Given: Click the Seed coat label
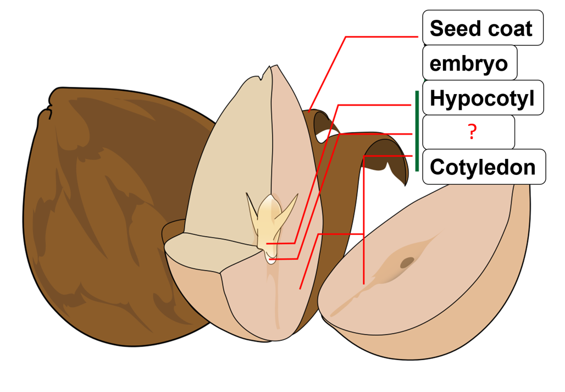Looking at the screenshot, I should pyautogui.click(x=482, y=28).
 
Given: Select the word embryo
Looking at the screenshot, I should pyautogui.click(x=469, y=63).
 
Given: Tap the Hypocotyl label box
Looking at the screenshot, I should pyautogui.click(x=482, y=98).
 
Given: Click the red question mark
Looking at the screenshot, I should pyautogui.click(x=471, y=132).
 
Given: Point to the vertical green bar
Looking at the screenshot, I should pyautogui.click(x=417, y=131).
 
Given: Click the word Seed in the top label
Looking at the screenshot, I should pyautogui.click(x=453, y=28).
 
